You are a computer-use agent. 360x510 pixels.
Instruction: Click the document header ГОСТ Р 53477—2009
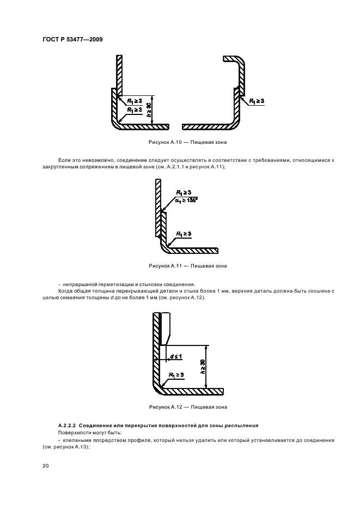point(72,40)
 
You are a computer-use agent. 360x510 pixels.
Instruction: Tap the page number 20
point(46,466)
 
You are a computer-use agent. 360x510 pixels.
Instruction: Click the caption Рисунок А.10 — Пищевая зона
point(188,142)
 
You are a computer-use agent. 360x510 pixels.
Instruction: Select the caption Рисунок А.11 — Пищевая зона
point(188,266)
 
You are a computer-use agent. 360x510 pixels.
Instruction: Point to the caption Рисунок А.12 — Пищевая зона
point(188,407)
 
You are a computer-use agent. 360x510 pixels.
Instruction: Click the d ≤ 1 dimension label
point(176,356)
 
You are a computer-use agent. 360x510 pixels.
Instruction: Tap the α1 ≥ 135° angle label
point(187,200)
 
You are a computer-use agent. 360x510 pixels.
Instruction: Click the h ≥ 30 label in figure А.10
point(149,110)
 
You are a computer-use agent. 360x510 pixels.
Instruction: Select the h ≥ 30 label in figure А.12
point(203,367)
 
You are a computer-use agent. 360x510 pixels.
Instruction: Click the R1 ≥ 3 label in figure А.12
point(176,375)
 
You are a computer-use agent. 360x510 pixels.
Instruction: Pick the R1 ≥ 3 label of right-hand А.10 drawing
point(257,101)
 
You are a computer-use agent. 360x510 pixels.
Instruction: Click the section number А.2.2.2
point(67,426)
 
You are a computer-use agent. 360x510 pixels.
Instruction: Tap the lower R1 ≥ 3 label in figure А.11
point(184,234)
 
